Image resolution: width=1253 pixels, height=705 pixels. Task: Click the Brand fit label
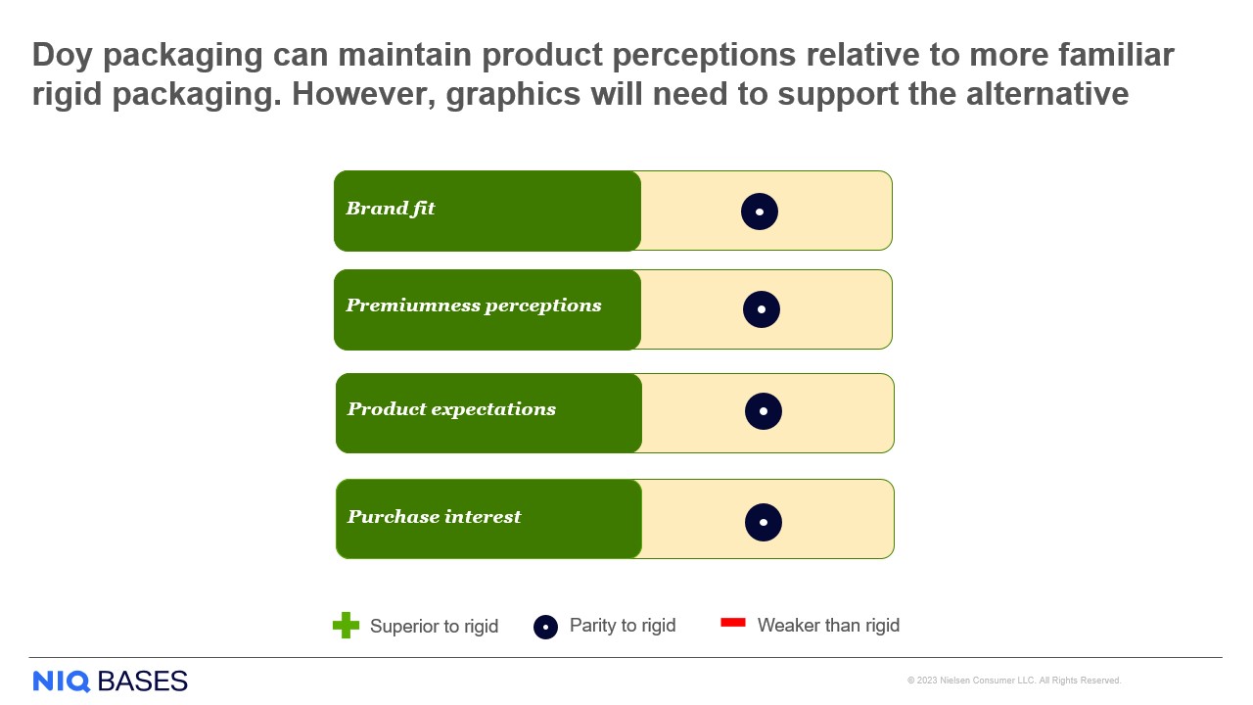coord(391,209)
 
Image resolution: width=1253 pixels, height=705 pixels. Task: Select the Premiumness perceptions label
coord(474,305)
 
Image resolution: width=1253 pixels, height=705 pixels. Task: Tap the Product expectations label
coord(451,409)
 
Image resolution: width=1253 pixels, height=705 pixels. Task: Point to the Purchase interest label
coord(434,517)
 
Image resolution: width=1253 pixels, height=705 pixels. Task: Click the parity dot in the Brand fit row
coord(760,211)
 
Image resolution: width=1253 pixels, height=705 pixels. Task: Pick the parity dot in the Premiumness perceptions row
coord(762,309)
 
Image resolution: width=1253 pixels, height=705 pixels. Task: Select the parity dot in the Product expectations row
coord(764,411)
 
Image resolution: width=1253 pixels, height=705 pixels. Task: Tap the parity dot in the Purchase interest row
coord(764,523)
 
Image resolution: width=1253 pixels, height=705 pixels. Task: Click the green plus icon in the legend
coord(346,626)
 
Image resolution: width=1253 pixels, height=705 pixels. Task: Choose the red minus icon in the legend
coord(733,623)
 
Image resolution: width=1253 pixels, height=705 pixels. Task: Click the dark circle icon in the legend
coord(545,627)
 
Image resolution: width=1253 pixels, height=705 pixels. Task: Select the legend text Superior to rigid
coord(434,627)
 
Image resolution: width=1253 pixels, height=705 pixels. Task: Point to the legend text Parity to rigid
coord(623,626)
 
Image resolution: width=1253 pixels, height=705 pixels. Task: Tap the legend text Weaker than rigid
coord(828,626)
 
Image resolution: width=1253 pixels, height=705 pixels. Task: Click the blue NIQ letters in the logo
coord(62,681)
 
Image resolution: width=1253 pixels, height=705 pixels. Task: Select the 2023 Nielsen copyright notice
coord(1014,681)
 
